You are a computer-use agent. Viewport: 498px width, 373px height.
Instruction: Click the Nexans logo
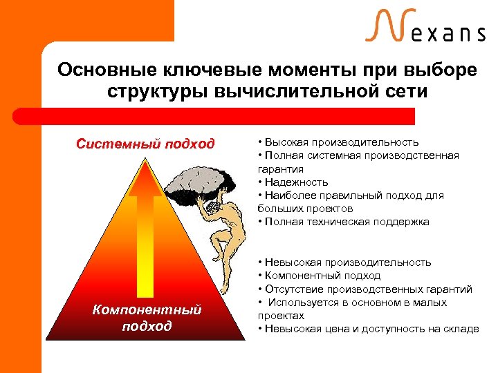tap(425, 28)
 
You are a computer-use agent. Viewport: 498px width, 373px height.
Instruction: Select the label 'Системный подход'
tap(145, 144)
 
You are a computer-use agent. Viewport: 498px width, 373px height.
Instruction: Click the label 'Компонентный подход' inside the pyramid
tap(146, 318)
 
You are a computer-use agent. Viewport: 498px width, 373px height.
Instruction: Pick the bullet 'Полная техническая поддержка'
tap(346, 222)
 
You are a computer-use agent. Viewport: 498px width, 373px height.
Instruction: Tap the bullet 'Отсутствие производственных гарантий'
tap(367, 289)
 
